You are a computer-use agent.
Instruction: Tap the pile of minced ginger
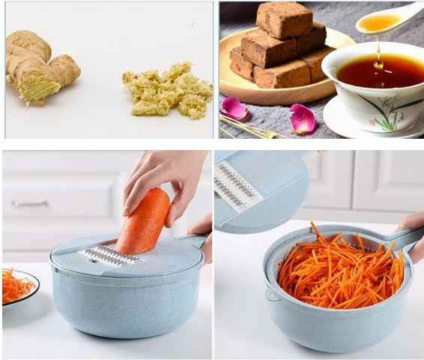(x=168, y=91)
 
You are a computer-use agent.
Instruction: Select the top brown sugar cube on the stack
(x=284, y=19)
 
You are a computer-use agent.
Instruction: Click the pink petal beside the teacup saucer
(x=303, y=118)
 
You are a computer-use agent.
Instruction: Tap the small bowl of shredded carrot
(x=18, y=286)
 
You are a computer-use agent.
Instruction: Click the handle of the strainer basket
(x=405, y=238)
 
